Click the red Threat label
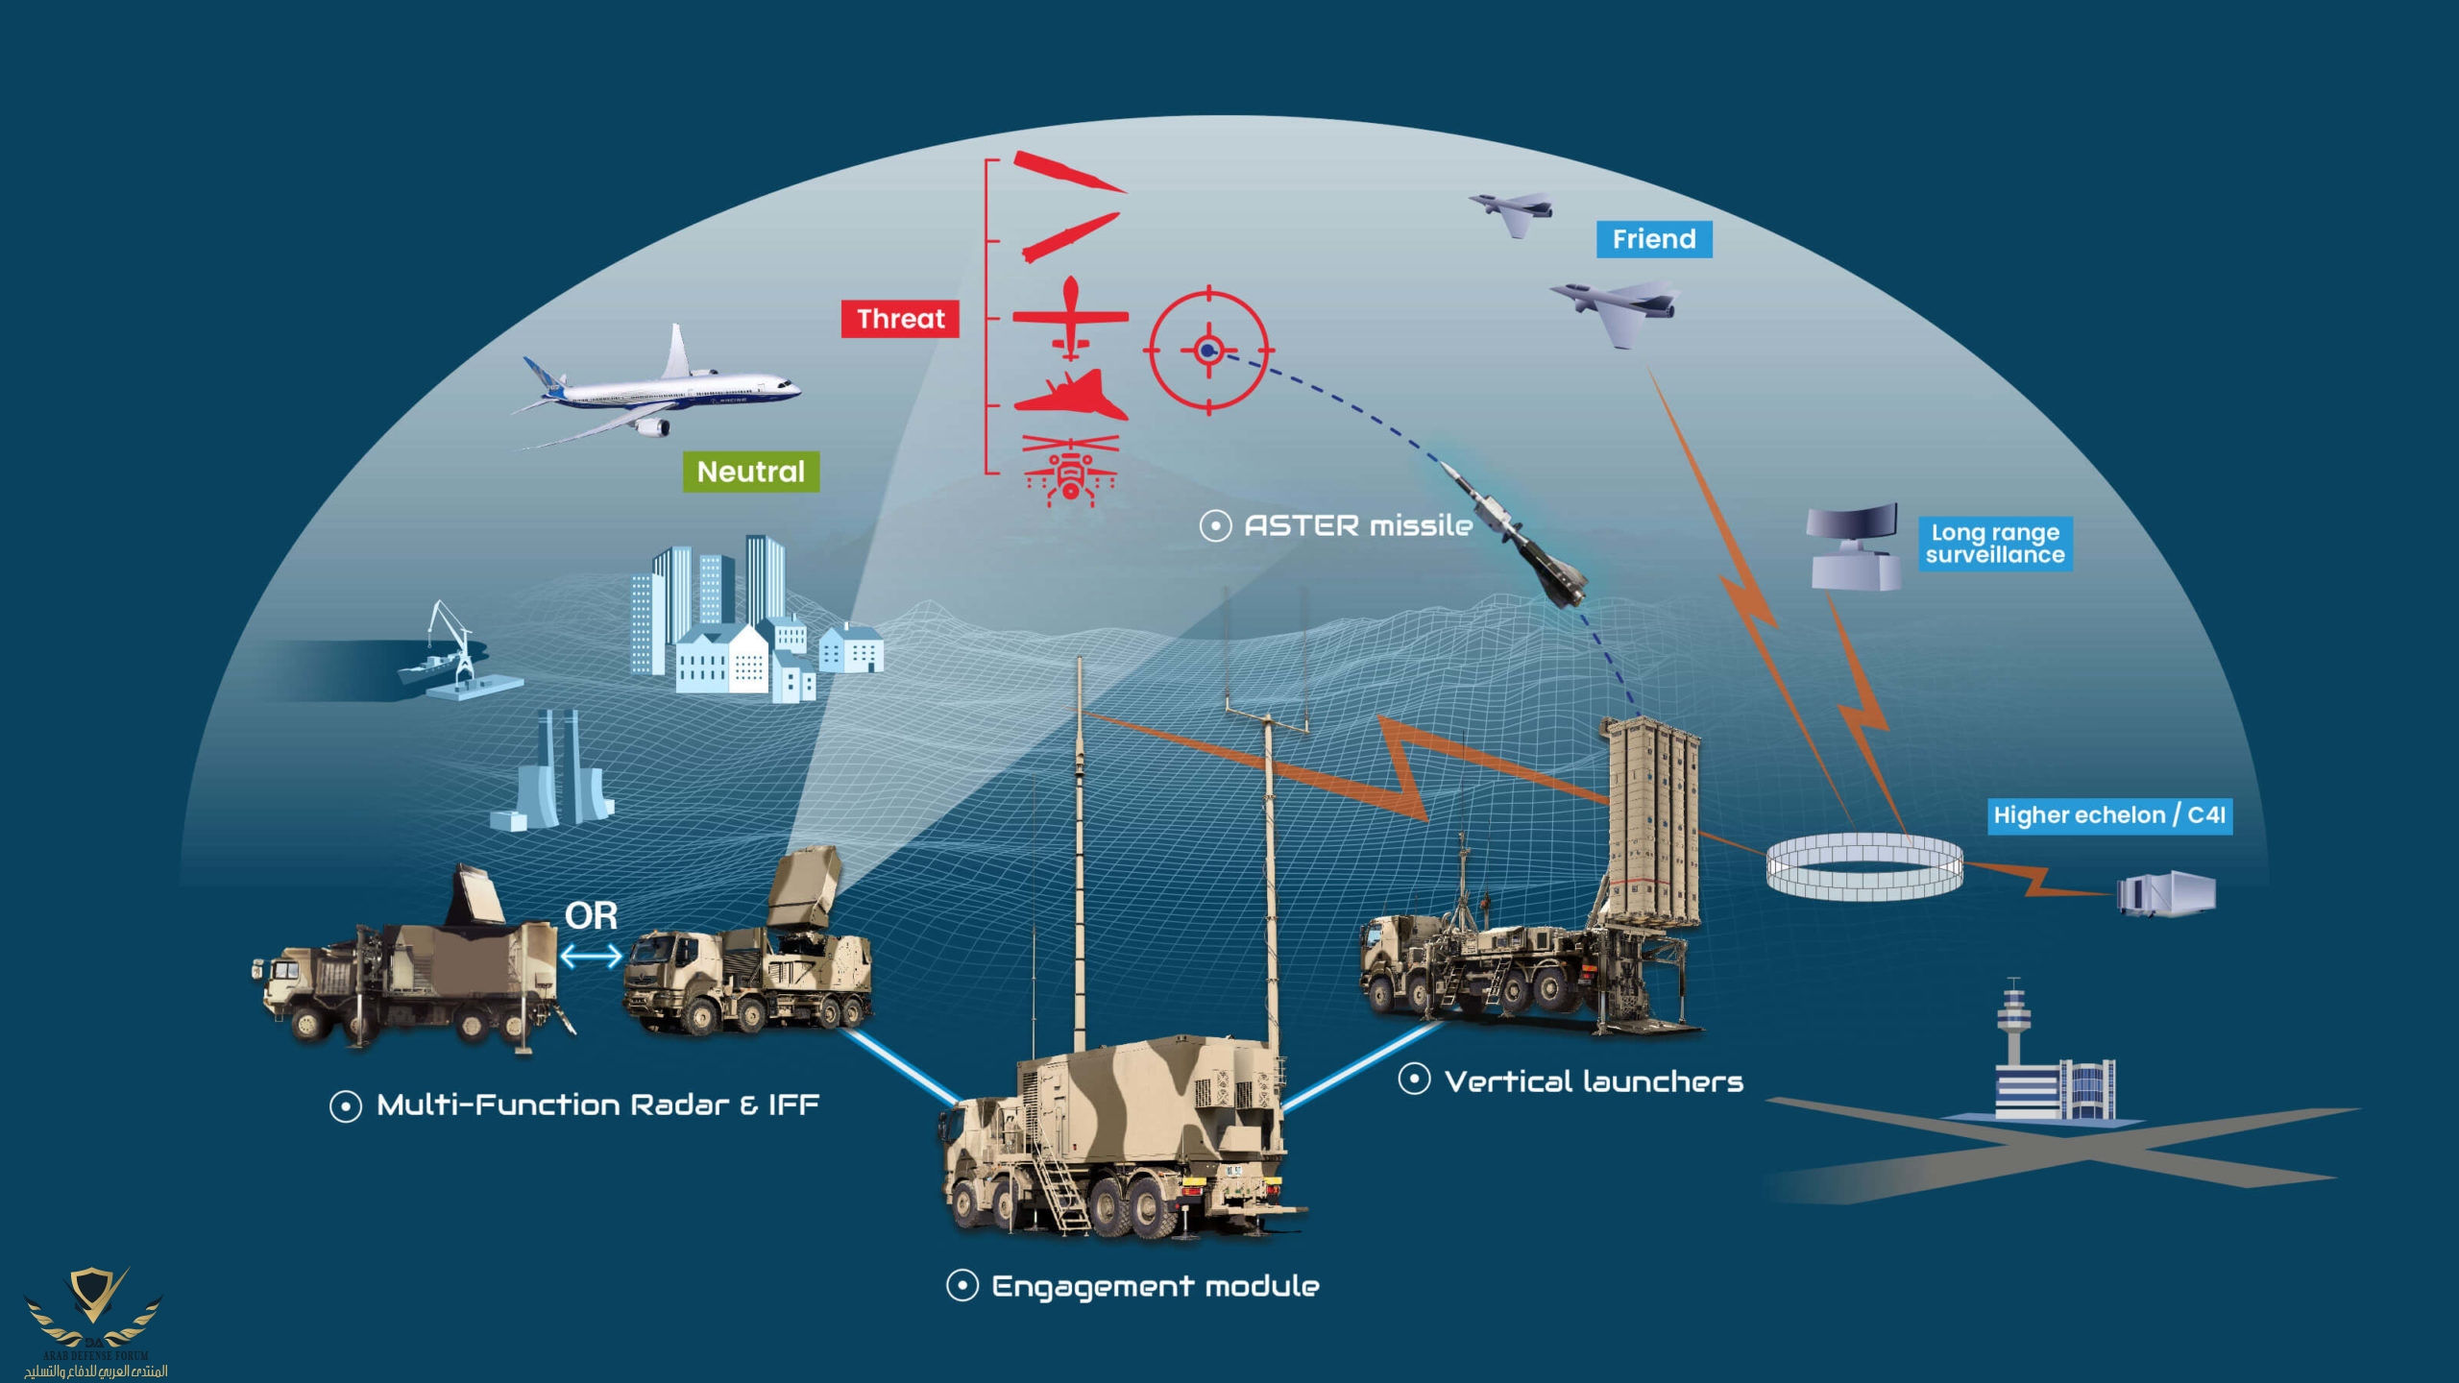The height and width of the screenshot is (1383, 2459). [900, 319]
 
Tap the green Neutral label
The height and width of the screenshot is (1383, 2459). [750, 472]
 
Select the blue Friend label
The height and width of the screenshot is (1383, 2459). [1653, 239]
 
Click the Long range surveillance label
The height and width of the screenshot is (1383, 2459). [1995, 544]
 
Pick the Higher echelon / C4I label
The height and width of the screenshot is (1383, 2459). [2108, 815]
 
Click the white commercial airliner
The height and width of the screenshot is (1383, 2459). [663, 388]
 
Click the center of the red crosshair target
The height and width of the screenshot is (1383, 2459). [1208, 351]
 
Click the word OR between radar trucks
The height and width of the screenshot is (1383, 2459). [591, 915]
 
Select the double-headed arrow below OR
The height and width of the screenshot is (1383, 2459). [591, 956]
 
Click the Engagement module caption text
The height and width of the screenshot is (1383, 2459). [1155, 1286]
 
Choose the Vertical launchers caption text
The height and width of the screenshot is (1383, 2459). [1593, 1081]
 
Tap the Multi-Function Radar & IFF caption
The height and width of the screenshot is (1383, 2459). [597, 1104]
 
